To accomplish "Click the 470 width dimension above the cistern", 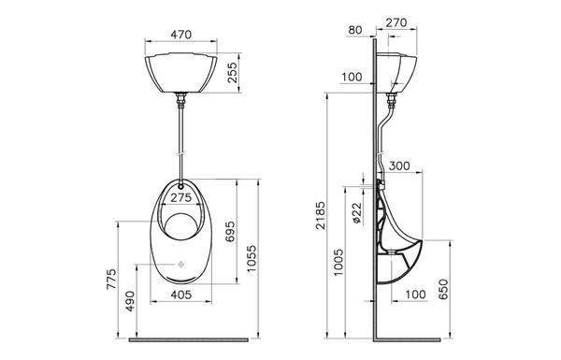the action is click(181, 35).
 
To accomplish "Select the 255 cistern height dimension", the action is click(232, 73).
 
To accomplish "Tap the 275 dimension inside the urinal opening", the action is click(181, 197).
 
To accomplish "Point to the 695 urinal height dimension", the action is click(230, 231).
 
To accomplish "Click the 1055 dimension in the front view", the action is click(252, 258).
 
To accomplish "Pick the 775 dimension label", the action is click(111, 280).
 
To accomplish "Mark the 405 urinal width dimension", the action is click(181, 295).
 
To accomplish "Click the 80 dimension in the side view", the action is click(355, 30).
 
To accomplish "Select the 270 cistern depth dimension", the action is click(396, 22).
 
